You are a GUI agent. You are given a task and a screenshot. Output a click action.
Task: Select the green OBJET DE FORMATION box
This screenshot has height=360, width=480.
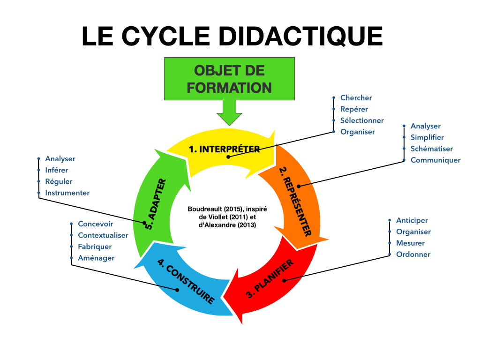(x=229, y=79)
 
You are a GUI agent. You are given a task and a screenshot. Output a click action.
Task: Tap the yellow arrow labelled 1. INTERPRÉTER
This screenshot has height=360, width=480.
(x=224, y=149)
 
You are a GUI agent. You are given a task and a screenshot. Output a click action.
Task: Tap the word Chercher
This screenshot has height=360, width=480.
(x=356, y=98)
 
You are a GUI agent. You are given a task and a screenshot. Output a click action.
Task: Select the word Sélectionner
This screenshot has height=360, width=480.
(x=362, y=120)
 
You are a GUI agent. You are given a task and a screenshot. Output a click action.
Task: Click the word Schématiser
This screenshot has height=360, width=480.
(x=432, y=149)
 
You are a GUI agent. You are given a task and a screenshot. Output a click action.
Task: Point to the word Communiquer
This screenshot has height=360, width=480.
(x=435, y=160)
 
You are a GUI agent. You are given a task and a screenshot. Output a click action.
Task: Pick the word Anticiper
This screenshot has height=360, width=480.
(x=412, y=220)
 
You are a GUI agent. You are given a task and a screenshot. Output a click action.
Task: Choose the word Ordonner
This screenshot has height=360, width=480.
(x=413, y=254)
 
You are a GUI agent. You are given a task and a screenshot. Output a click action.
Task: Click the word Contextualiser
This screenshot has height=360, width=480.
(x=103, y=235)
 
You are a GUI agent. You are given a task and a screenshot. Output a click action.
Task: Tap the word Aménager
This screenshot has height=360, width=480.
(x=96, y=258)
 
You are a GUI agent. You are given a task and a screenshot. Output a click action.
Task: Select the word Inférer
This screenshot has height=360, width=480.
(x=56, y=170)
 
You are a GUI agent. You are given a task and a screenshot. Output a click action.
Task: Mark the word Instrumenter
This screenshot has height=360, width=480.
(x=67, y=193)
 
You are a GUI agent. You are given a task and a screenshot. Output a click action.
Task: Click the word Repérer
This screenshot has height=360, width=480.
(x=354, y=109)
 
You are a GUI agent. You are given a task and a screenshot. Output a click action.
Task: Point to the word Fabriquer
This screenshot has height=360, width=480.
(x=95, y=247)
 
